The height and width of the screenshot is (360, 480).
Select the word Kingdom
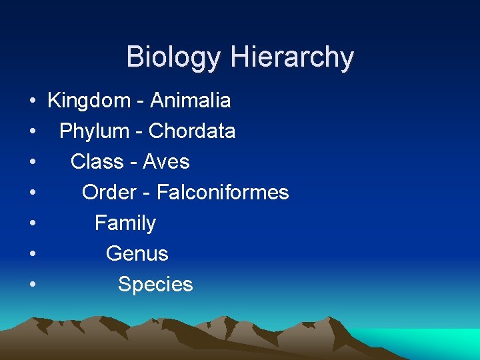click(x=89, y=101)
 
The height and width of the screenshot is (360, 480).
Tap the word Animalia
click(x=191, y=101)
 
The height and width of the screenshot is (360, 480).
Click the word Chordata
click(x=192, y=131)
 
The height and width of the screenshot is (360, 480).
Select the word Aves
click(x=166, y=162)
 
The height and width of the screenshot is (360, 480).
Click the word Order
click(x=109, y=193)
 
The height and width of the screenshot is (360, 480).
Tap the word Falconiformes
click(x=223, y=193)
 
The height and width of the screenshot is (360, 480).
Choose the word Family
click(x=125, y=223)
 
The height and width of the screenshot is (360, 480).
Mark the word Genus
click(x=137, y=254)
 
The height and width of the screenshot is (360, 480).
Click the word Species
click(x=155, y=285)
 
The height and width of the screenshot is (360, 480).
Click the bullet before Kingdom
click(x=32, y=101)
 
